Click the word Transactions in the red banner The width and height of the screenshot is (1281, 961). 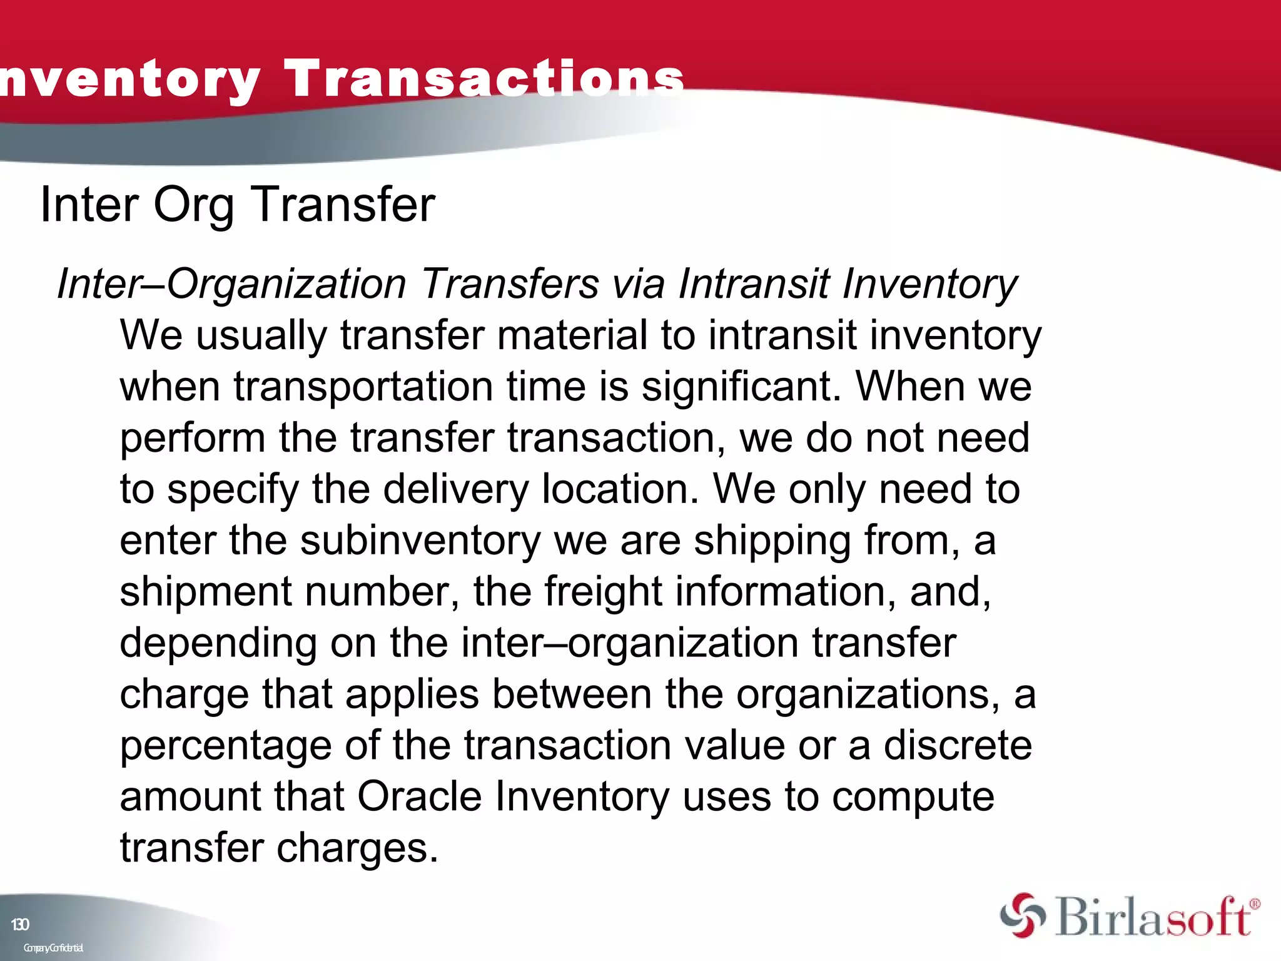coord(484,79)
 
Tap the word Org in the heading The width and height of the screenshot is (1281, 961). coord(193,205)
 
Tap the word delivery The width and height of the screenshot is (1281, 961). coord(455,489)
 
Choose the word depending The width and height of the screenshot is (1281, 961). coord(218,643)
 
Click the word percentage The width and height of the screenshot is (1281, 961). coord(225,746)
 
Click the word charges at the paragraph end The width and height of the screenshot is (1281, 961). coord(357,848)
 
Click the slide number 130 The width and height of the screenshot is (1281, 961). coord(20,925)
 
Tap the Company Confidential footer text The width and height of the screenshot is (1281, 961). coord(53,948)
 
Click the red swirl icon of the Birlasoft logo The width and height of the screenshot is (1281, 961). coord(1022,915)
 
